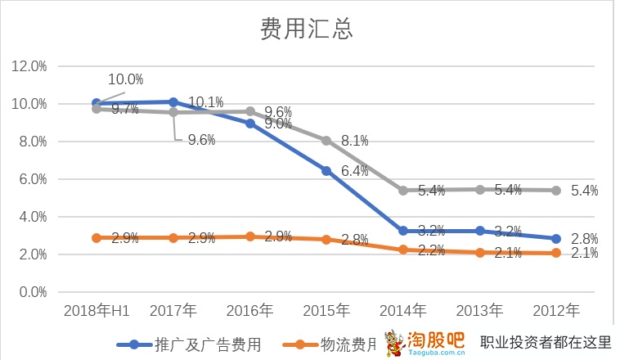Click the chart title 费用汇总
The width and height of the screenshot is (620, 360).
point(306,29)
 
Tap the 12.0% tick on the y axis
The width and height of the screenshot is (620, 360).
point(29,66)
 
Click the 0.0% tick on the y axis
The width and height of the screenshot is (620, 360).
point(31,292)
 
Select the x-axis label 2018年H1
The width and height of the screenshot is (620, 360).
point(97,311)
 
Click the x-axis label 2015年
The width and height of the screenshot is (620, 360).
point(326,311)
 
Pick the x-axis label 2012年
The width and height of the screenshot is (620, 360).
point(556,311)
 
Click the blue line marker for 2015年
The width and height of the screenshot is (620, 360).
point(326,171)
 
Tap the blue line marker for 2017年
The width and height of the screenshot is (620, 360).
point(173,102)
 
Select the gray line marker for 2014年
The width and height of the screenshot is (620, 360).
point(403,191)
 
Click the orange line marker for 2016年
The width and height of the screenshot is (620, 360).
point(250,236)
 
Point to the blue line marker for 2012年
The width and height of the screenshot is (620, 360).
point(556,239)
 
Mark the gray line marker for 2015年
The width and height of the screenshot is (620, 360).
point(326,141)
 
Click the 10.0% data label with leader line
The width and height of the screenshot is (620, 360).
point(126,79)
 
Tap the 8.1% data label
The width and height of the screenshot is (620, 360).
point(355,141)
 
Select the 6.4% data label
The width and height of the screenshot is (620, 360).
point(355,171)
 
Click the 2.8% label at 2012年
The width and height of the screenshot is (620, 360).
point(584,239)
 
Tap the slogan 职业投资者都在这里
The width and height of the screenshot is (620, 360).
point(546,343)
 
